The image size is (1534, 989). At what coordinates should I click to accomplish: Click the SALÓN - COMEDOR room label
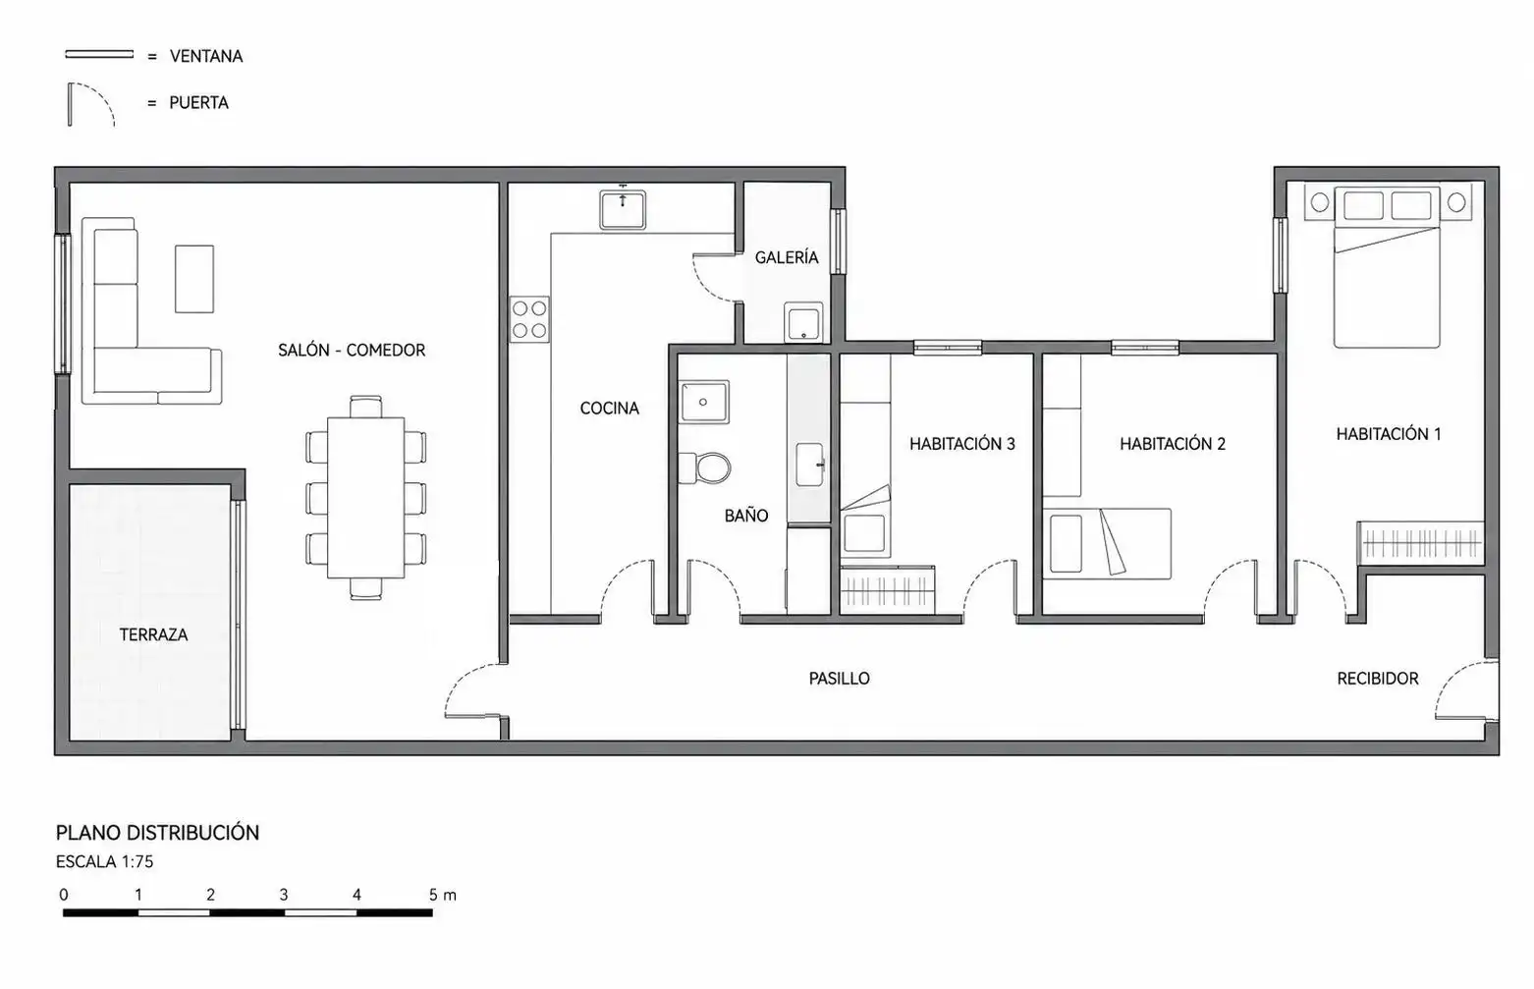pos(352,350)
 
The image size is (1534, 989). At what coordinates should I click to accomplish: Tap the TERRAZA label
pos(153,634)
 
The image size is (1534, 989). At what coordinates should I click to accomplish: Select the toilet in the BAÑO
pos(705,467)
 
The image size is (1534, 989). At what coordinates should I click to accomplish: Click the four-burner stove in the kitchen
pos(529,319)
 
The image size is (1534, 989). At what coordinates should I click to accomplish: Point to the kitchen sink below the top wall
pos(623,209)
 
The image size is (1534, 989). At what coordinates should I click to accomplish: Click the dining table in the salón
pos(365,498)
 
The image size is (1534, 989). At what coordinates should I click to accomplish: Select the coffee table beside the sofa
pos(194,279)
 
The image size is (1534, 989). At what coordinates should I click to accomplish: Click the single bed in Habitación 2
pos(1107,544)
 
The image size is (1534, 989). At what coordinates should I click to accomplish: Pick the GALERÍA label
pos(787,257)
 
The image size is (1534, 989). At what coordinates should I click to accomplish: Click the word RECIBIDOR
pos(1378,679)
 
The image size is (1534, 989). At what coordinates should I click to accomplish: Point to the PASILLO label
pos(840,679)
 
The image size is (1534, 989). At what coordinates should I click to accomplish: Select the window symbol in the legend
pos(99,54)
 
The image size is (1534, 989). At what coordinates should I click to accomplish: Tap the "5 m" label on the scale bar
pos(442,895)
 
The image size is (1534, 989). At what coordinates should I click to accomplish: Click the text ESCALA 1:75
pos(105,861)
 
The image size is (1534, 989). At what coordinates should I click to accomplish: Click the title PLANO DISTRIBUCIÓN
pos(157,833)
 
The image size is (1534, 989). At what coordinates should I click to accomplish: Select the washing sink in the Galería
pos(803,322)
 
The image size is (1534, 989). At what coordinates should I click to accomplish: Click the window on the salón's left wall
pos(62,304)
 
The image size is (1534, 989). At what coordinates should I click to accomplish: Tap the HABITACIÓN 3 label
pos(962,444)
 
